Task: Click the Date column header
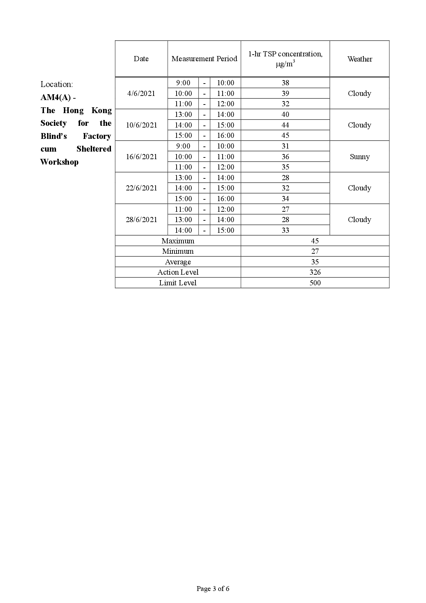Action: [141, 59]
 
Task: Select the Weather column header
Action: [360, 59]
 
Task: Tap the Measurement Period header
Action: [204, 59]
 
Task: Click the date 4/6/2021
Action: [141, 94]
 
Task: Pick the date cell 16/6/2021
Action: [141, 157]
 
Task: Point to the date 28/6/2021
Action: [141, 220]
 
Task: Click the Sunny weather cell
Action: [360, 157]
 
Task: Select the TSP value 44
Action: [285, 125]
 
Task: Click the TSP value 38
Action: [285, 83]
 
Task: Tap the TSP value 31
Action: [285, 146]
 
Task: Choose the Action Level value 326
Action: [315, 272]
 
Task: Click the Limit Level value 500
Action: [315, 283]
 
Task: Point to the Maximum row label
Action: [178, 241]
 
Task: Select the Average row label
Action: [178, 262]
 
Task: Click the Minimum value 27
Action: [315, 251]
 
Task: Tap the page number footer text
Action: [213, 589]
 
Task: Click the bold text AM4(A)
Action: [56, 98]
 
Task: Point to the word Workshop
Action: [59, 162]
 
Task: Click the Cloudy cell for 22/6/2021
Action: [360, 188]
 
